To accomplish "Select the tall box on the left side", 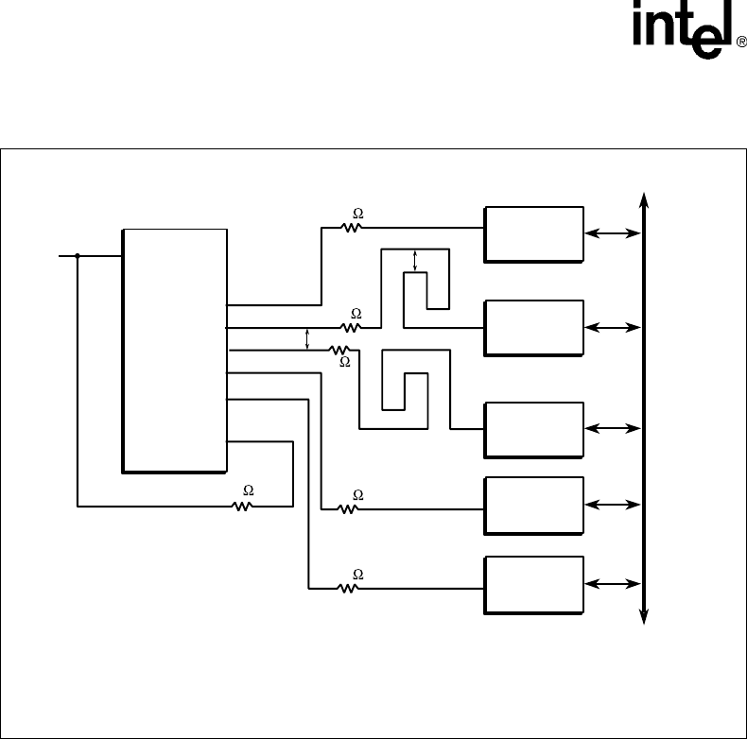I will click(x=174, y=350).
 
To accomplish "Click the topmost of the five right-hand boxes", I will click(x=533, y=232).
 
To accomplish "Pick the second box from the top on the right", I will click(x=533, y=327).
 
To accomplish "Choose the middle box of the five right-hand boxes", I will click(x=533, y=429).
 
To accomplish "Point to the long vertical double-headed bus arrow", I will click(x=644, y=406).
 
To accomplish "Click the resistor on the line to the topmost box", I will click(x=353, y=228).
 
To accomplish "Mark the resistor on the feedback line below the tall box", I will click(x=243, y=506).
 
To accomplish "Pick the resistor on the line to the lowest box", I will click(x=349, y=588).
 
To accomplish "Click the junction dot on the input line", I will click(x=77, y=255).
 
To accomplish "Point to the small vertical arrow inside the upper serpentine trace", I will click(x=416, y=261).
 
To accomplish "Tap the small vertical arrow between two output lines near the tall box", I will click(x=309, y=339).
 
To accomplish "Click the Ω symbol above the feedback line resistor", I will click(x=249, y=490).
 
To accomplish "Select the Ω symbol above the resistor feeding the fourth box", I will click(x=357, y=494).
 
